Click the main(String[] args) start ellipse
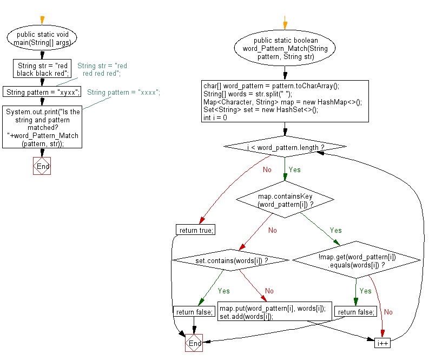pyautogui.click(x=42, y=38)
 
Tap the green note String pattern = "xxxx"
pyautogui.click(x=124, y=92)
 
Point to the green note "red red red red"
pyautogui.click(x=102, y=70)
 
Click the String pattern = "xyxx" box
pyautogui.click(x=42, y=92)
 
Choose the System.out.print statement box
pyautogui.click(x=42, y=127)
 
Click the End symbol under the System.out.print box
pyautogui.click(x=42, y=167)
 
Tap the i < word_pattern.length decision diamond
pyautogui.click(x=285, y=146)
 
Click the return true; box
pyautogui.click(x=195, y=230)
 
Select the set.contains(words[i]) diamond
pyautogui.click(x=232, y=261)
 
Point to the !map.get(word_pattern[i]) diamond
pyautogui.click(x=356, y=261)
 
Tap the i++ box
pyautogui.click(x=382, y=343)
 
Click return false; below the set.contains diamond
pyautogui.click(x=194, y=312)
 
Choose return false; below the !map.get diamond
pyautogui.click(x=355, y=312)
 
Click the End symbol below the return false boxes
pyautogui.click(x=194, y=343)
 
